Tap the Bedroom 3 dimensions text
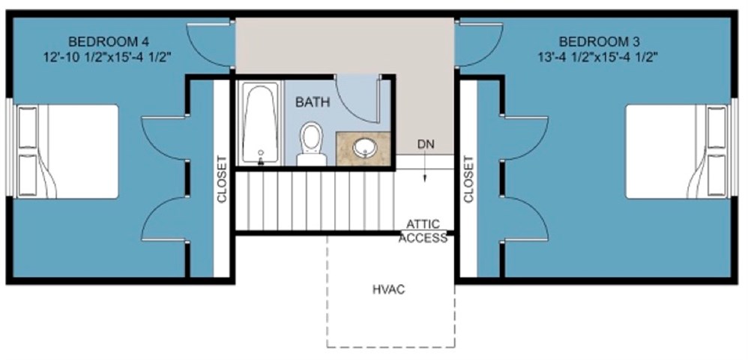point(597,56)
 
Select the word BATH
point(311,103)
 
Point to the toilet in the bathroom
point(311,142)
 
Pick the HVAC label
point(388,289)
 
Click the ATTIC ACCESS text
point(423,231)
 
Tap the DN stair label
point(426,144)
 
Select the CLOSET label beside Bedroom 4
point(222,179)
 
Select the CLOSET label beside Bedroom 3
point(468,179)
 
